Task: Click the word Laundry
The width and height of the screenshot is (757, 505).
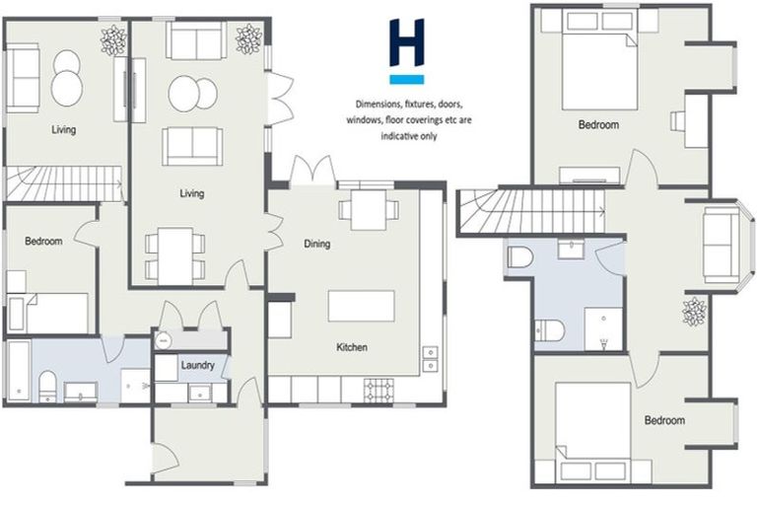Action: pyautogui.click(x=197, y=365)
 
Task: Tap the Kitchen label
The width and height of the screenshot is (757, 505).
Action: pyautogui.click(x=352, y=347)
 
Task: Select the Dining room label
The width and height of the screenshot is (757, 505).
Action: pyautogui.click(x=317, y=244)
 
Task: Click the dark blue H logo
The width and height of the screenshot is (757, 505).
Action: pyautogui.click(x=407, y=42)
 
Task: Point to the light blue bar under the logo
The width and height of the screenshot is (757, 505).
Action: pyautogui.click(x=407, y=79)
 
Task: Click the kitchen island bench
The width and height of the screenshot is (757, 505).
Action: pyautogui.click(x=361, y=306)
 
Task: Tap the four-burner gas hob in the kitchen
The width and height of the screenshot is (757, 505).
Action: pyautogui.click(x=378, y=390)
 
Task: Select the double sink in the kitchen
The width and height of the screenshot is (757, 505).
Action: pyautogui.click(x=430, y=359)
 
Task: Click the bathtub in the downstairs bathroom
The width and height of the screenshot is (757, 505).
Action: pyautogui.click(x=19, y=371)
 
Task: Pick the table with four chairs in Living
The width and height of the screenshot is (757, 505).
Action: pyautogui.click(x=175, y=256)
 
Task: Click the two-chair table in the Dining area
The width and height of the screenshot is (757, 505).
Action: pyautogui.click(x=369, y=210)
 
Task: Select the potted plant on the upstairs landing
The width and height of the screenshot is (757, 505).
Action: pyautogui.click(x=694, y=312)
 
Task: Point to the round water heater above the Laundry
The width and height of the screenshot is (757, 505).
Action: pyautogui.click(x=164, y=340)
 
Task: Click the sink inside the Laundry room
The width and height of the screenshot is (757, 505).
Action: pyautogui.click(x=199, y=393)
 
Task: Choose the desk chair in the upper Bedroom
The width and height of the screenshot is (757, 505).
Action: pyautogui.click(x=677, y=120)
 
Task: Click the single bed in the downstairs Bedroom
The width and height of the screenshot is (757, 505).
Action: pyautogui.click(x=47, y=313)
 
